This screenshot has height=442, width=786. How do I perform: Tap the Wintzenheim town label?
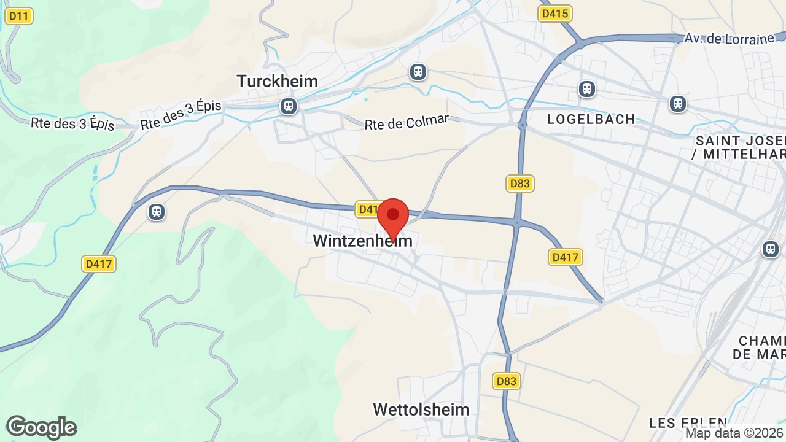(362, 241)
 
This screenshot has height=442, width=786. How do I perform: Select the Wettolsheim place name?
(421, 409)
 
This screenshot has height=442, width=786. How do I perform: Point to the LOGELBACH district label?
(591, 119)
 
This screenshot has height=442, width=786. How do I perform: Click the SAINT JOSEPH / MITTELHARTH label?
(740, 147)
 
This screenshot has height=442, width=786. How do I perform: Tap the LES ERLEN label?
(688, 423)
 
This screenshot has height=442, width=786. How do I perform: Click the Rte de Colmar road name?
(407, 122)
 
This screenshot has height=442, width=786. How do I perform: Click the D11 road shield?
(19, 16)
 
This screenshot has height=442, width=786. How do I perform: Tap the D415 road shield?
(555, 14)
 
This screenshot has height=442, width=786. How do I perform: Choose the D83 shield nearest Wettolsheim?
(506, 381)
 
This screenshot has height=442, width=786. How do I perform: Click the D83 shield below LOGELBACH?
(520, 183)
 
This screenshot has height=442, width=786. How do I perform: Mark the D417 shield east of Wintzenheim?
(565, 257)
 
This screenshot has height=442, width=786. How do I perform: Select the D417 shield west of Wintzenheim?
(99, 264)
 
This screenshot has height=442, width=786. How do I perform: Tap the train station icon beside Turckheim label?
(288, 106)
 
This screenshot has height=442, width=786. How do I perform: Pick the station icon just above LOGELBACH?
(587, 89)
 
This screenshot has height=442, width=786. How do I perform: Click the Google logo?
(41, 427)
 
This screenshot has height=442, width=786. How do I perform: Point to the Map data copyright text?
(734, 433)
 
